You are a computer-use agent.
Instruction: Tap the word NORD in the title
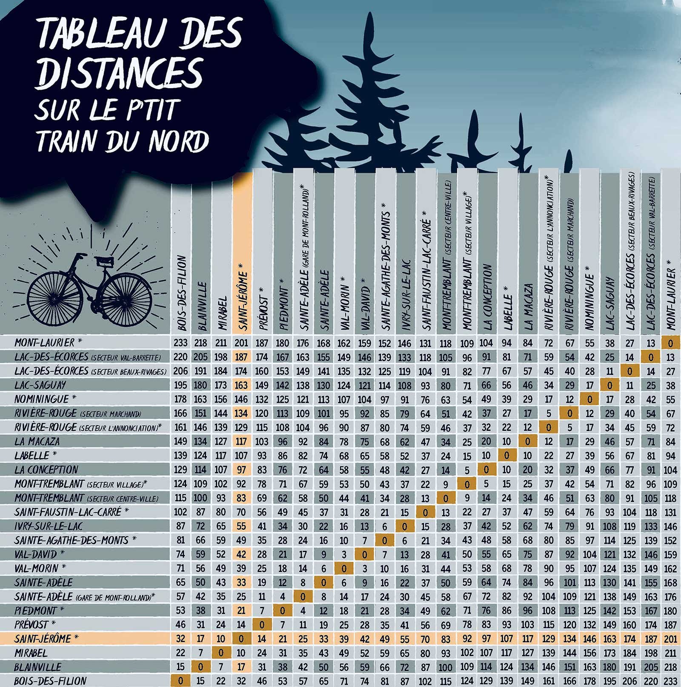tap(179, 141)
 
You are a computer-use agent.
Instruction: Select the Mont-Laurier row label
tap(44, 343)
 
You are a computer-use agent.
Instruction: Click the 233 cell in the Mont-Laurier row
tap(180, 343)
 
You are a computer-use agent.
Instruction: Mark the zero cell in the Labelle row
tap(507, 455)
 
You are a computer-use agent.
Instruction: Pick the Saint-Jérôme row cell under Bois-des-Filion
tap(180, 639)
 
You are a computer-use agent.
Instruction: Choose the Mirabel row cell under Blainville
tap(200, 653)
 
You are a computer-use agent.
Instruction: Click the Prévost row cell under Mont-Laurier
tap(670, 625)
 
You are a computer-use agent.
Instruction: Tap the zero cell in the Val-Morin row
tap(344, 569)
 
